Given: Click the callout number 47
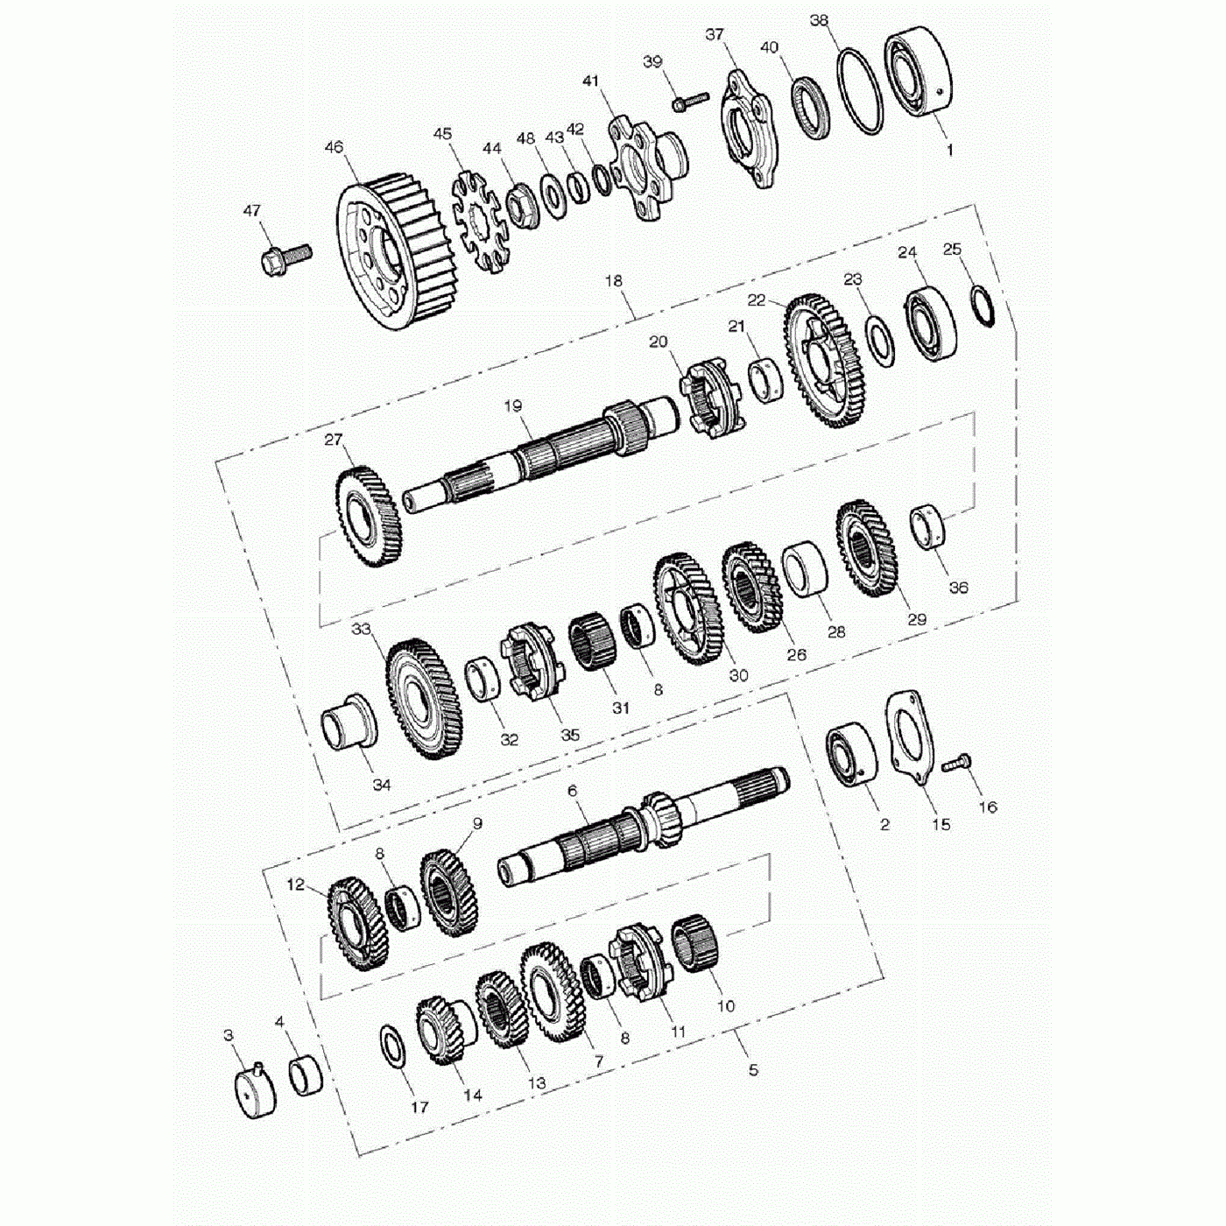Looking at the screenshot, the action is [252, 210].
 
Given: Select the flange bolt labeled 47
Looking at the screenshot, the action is [285, 258].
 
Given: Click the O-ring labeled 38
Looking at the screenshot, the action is [860, 92].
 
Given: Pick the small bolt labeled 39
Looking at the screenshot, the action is [689, 102].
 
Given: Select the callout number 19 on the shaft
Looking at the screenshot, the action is [513, 406].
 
